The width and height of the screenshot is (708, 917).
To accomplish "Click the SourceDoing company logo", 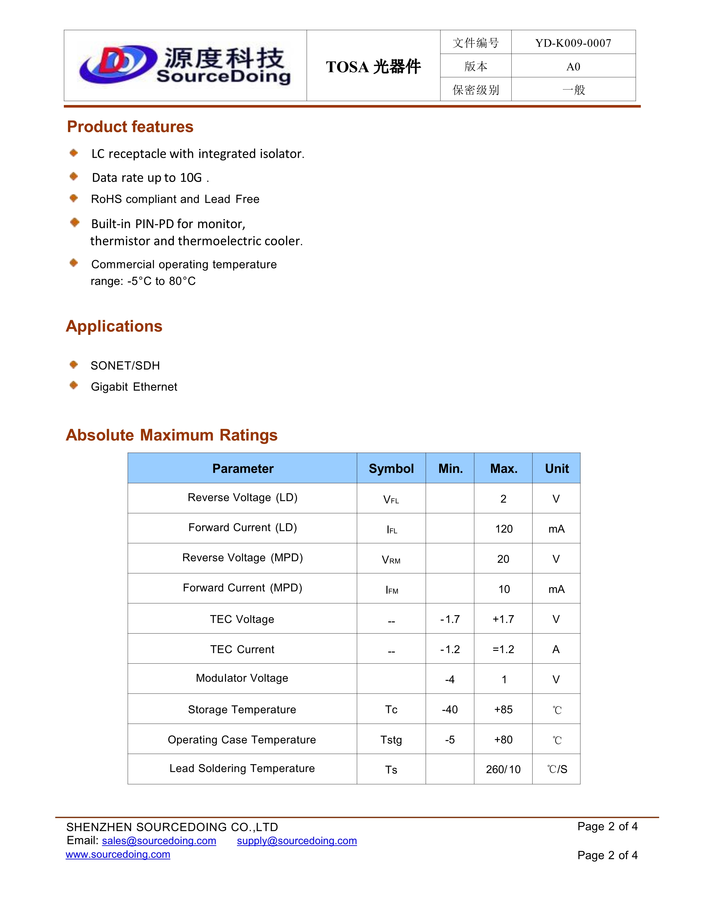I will click(185, 65).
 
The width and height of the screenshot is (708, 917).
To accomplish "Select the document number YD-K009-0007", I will click(573, 43).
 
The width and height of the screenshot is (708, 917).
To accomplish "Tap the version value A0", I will click(573, 66).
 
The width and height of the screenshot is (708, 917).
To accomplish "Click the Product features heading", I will click(130, 127).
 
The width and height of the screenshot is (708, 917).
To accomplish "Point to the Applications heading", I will click(114, 326).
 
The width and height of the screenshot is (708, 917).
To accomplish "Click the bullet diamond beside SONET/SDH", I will click(74, 365).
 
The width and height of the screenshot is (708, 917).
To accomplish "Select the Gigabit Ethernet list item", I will click(134, 387).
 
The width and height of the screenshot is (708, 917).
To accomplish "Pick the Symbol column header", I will click(391, 469).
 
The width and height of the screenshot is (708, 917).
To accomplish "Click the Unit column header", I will click(557, 469).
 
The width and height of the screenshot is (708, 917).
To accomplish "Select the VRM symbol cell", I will click(391, 560).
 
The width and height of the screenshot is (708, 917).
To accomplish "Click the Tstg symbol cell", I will click(391, 740).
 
